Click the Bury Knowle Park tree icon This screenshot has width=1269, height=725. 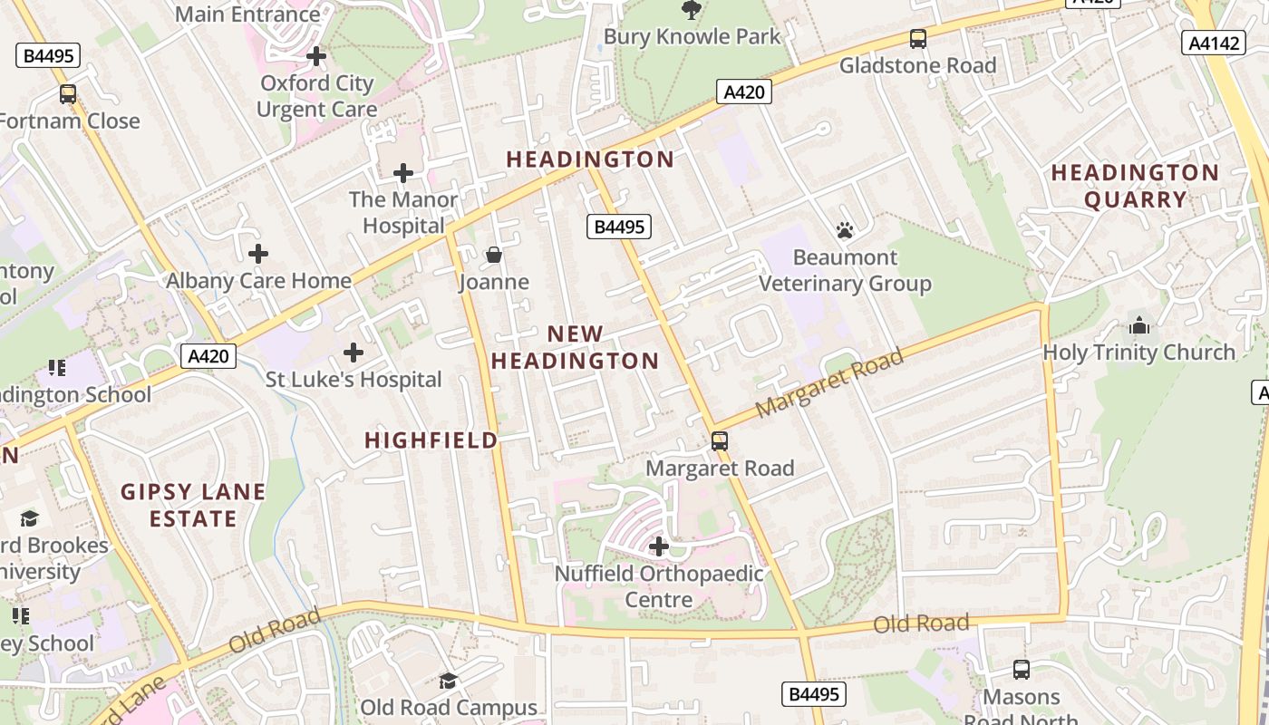point(692,10)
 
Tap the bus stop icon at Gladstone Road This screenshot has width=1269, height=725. point(918,38)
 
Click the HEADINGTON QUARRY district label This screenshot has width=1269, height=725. point(1135,186)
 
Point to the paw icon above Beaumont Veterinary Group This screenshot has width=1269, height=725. point(845,230)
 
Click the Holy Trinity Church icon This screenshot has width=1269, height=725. point(1139,324)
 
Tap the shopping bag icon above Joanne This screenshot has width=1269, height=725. point(494,255)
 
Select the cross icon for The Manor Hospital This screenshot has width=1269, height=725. point(403,172)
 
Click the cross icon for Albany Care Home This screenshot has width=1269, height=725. point(258,254)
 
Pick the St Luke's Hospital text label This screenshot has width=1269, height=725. point(354,379)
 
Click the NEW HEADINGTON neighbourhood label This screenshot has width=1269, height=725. point(575,347)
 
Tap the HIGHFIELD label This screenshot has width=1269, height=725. point(431,440)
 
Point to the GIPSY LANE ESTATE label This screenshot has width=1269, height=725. point(193,506)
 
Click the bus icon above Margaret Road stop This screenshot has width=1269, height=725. point(719,440)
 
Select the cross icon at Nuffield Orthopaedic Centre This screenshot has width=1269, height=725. point(659,546)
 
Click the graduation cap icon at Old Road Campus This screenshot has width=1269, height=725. point(448,681)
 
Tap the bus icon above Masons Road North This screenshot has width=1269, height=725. point(1022,670)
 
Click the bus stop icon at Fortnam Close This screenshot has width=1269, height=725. point(68,93)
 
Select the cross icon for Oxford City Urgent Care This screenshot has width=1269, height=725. point(315,56)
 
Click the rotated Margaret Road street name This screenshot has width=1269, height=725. point(829,383)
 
